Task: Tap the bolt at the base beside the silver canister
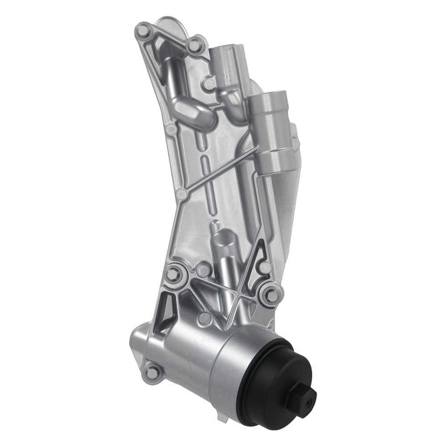[x=153, y=371]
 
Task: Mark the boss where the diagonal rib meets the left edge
[x=182, y=194]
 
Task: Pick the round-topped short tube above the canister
[x=223, y=250]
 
